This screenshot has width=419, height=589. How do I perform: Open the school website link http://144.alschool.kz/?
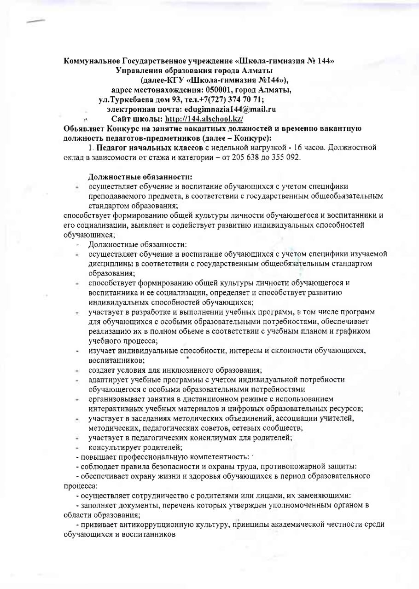point(207,119)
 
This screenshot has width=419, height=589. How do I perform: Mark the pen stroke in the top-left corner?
point(36,22)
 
